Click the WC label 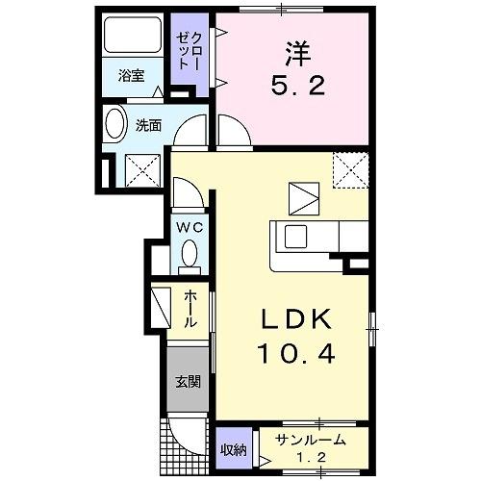[x=189, y=227]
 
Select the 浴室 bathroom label [x=132, y=75]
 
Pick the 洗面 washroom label [x=147, y=125]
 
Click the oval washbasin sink [x=115, y=128]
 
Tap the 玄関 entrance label [x=187, y=382]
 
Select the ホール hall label [x=191, y=310]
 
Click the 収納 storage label [x=233, y=449]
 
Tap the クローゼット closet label [x=186, y=47]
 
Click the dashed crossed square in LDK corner [x=351, y=170]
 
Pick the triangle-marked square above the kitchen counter [x=304, y=198]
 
